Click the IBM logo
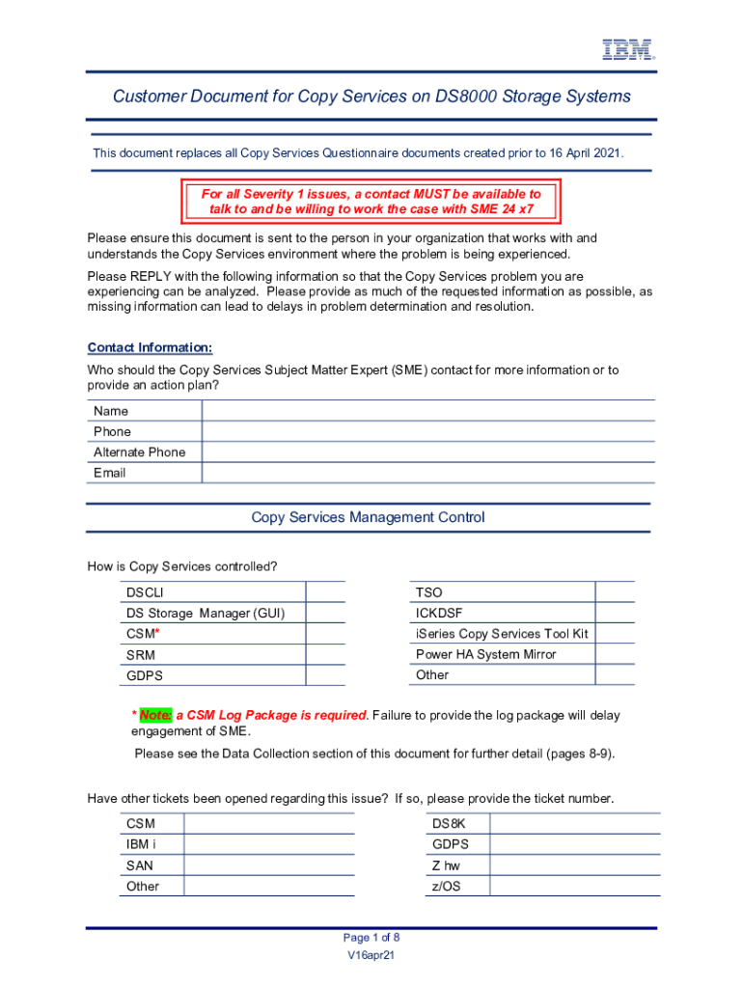click(x=628, y=50)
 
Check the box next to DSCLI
click(x=325, y=592)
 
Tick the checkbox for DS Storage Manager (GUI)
click(x=325, y=614)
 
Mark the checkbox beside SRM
click(x=325, y=655)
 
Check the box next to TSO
click(x=615, y=592)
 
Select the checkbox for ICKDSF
click(x=615, y=613)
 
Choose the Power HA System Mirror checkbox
click(x=615, y=654)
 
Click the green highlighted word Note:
click(x=155, y=716)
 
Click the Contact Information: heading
click(x=150, y=347)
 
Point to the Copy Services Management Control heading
click(x=368, y=518)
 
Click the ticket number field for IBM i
click(x=268, y=844)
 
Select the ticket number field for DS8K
click(x=573, y=824)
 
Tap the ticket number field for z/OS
click(x=573, y=886)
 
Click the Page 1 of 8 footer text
click(x=371, y=938)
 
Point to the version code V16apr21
click(x=371, y=955)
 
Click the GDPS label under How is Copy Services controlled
click(x=145, y=676)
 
